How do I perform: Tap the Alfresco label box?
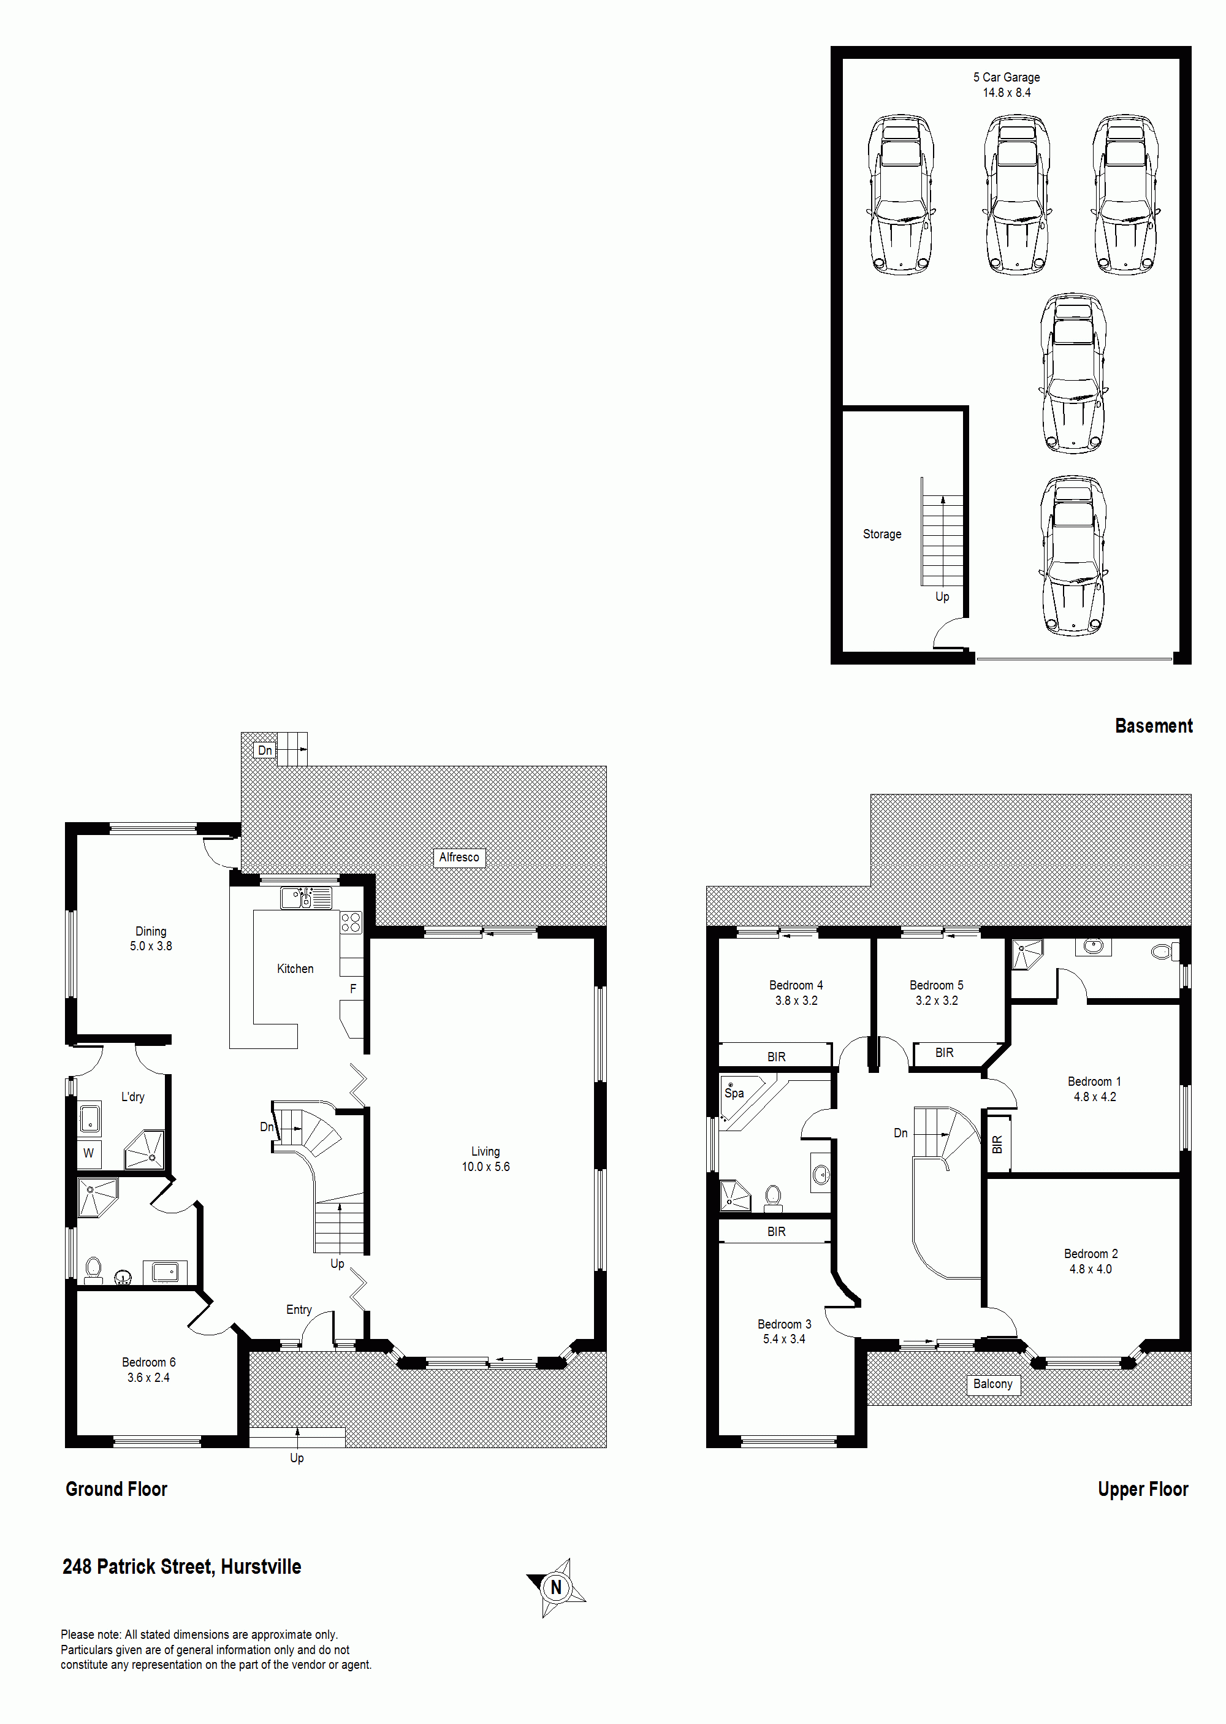point(459,858)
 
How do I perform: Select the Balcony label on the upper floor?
point(992,1384)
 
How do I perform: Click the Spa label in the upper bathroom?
point(734,1093)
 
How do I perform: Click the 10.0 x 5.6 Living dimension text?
point(485,1166)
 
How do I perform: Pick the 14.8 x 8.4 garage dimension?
point(1007,92)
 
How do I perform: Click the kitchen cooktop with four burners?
point(351,922)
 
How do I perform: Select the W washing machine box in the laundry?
point(89,1153)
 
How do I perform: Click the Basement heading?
point(1154,725)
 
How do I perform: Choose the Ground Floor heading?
point(116,1489)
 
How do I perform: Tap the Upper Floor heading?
point(1143,1489)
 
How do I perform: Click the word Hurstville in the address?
point(261,1566)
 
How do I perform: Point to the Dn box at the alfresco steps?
point(265,750)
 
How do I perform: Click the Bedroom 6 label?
point(149,1362)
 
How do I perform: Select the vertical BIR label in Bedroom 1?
point(997,1144)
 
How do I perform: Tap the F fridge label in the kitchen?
point(352,989)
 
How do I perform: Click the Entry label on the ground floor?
point(299,1310)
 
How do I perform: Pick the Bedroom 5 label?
point(936,985)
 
